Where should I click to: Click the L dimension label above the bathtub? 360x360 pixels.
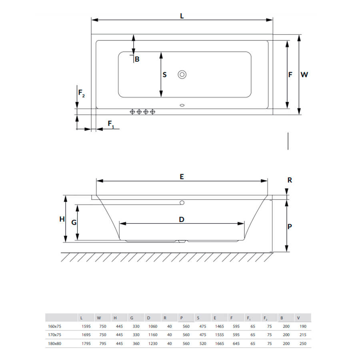182,16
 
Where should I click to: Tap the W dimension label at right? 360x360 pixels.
304,75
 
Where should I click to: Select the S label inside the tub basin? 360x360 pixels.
164,75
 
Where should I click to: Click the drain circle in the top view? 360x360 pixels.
182,75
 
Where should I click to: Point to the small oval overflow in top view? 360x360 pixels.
182,105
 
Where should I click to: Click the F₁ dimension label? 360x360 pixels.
111,124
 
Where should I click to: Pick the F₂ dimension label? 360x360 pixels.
82,93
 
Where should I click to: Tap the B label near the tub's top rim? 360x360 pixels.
137,59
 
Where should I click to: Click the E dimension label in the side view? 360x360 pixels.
182,176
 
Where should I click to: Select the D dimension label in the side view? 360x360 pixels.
182,220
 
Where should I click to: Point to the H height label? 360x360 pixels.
62,219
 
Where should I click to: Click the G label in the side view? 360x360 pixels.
74,222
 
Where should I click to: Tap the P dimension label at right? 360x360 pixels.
290,227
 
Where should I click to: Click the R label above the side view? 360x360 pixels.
290,180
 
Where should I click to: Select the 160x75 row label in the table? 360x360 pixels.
55,326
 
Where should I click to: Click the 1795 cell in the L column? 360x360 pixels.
86,344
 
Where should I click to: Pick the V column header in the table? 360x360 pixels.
298,318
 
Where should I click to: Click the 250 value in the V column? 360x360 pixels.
303,344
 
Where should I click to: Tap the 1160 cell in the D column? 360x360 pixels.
153,335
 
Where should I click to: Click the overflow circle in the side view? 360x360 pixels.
182,203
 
